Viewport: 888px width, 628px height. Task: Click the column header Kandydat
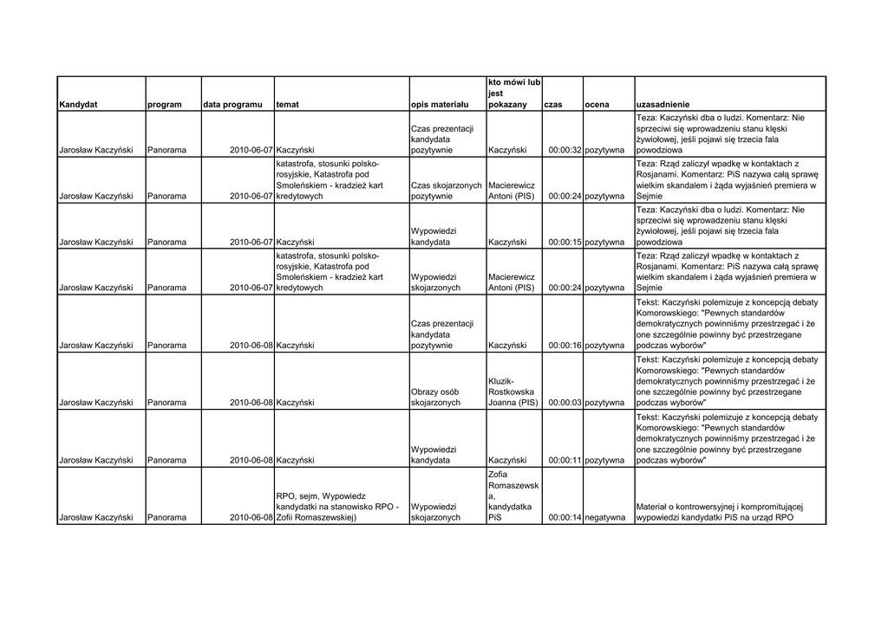click(x=78, y=105)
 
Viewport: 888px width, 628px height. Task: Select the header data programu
click(x=232, y=105)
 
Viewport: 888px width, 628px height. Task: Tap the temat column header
click(x=287, y=105)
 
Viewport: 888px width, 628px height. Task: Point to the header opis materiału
click(x=439, y=105)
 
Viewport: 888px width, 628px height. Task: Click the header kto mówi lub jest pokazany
click(x=514, y=94)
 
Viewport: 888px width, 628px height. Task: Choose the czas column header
click(x=552, y=105)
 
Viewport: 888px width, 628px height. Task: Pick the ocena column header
click(x=597, y=105)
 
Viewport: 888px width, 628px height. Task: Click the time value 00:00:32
click(x=565, y=150)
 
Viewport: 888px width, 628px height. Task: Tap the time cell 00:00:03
click(x=565, y=403)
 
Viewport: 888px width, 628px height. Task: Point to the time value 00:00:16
click(x=565, y=346)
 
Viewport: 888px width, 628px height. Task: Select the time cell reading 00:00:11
click(x=565, y=461)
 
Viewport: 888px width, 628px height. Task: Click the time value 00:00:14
click(x=565, y=518)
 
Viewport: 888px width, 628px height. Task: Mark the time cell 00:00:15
click(x=565, y=243)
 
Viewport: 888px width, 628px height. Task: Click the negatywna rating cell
click(x=605, y=518)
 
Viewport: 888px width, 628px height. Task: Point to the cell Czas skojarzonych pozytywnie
click(x=446, y=191)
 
